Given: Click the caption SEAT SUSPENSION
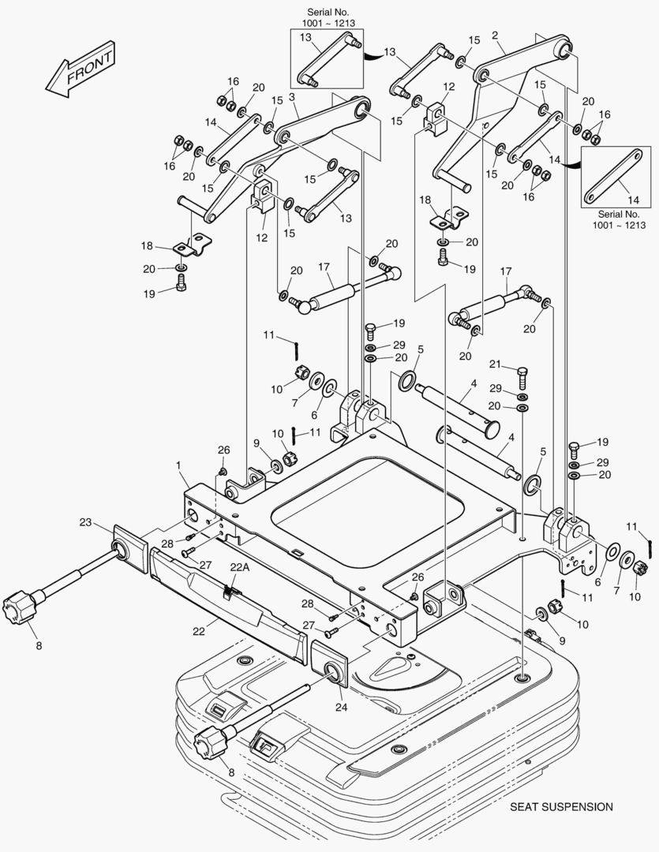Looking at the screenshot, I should (x=560, y=807).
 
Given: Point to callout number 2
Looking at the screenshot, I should (x=495, y=35).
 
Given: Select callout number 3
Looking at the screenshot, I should (x=292, y=97).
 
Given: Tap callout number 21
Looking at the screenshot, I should (x=495, y=364).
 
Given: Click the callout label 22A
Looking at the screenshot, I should (x=239, y=566).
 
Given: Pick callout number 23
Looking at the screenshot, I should (x=85, y=521).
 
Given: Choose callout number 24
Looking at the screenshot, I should (x=341, y=707).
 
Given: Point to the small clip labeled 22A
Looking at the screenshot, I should (x=229, y=589).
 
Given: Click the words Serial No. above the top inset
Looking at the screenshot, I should (x=327, y=12).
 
